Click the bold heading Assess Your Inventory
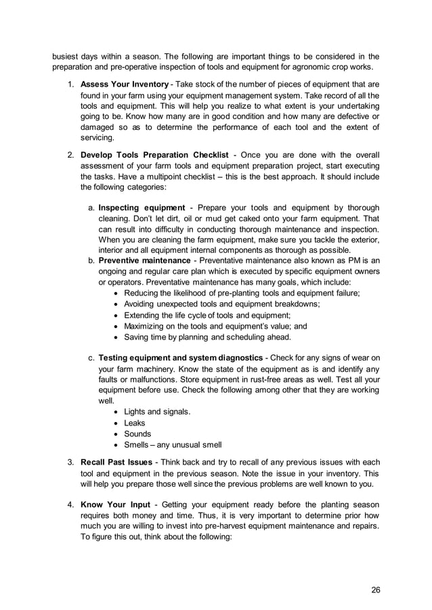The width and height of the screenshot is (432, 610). (x=124, y=84)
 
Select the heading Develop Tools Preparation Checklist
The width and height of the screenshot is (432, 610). (x=159, y=155)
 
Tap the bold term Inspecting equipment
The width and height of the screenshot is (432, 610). (x=142, y=207)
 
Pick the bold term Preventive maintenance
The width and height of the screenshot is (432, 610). (x=144, y=260)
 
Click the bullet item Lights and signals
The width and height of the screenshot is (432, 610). (x=157, y=412)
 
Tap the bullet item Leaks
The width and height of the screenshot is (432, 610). (x=134, y=423)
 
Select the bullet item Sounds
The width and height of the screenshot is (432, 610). (x=137, y=433)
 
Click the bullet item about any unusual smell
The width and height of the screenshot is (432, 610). (x=173, y=444)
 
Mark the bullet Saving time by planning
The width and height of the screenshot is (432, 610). (x=207, y=336)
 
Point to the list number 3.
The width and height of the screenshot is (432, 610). (x=70, y=462)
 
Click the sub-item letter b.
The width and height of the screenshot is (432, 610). (x=91, y=260)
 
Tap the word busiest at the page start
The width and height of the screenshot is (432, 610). (x=68, y=56)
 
